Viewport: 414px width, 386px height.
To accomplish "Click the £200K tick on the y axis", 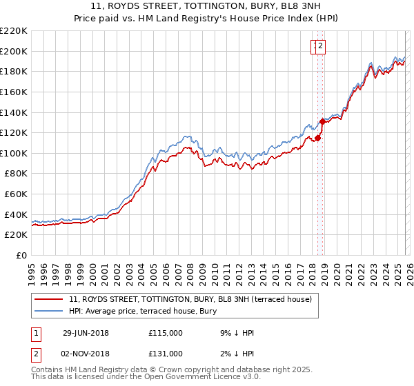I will pos(14,51).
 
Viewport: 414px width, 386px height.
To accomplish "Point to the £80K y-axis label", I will pos(16,174).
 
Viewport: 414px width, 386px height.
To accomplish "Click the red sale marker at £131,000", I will pos(322,121).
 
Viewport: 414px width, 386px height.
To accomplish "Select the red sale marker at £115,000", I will pos(318,138).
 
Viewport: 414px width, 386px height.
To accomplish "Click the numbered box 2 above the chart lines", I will pos(322,46).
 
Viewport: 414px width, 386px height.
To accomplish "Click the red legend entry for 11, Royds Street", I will pos(190,299).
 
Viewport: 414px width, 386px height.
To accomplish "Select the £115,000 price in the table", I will pos(166,333).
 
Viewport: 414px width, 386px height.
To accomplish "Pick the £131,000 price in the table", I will pos(166,353).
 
